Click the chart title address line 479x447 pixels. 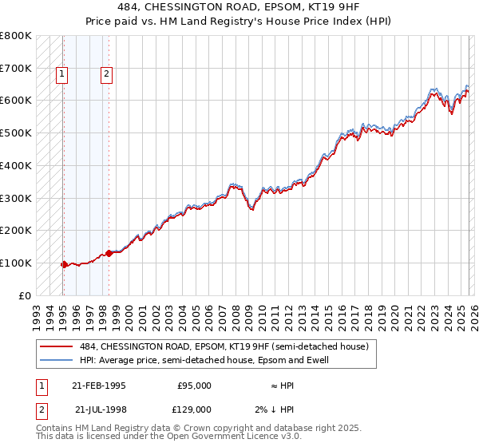(239, 7)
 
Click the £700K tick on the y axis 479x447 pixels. (16, 69)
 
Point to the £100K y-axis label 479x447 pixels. (16, 263)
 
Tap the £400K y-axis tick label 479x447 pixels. (16, 165)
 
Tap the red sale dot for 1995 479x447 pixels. (64, 264)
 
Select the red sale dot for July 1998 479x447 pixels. (109, 253)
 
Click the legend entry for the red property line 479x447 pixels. (224, 346)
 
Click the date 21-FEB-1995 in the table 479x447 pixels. (98, 386)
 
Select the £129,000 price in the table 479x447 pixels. (194, 409)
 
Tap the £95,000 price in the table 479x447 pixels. (194, 386)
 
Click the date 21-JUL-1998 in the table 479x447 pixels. (98, 409)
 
